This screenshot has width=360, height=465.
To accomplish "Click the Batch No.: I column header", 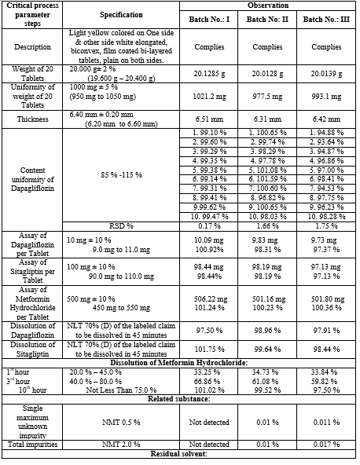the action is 209,20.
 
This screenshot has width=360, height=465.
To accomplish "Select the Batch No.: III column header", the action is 326,20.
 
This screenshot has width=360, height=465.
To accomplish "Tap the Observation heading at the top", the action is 268,5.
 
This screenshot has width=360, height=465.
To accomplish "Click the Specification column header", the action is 121,15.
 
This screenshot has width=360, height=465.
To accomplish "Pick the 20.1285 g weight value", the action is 209,74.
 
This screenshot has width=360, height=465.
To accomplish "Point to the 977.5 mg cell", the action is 267,97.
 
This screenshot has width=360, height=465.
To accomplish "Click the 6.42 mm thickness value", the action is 326,119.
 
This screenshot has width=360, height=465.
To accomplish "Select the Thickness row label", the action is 32,119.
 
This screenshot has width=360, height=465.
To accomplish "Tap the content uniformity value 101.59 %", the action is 267,179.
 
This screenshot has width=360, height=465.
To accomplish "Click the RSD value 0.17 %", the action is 209,226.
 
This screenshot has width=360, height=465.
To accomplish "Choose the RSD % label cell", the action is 121,226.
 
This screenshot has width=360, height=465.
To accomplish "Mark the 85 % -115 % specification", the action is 121,175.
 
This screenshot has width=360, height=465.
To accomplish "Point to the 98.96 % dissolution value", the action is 267,331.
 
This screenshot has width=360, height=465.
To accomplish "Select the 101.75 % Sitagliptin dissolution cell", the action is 209,349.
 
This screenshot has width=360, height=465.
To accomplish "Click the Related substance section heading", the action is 179,399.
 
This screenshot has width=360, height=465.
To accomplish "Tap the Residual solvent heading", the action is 178,454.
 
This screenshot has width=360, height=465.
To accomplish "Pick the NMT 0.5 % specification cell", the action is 121,422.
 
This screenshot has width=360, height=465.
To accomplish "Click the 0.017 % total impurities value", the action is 326,445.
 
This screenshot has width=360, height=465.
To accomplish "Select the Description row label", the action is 32,47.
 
